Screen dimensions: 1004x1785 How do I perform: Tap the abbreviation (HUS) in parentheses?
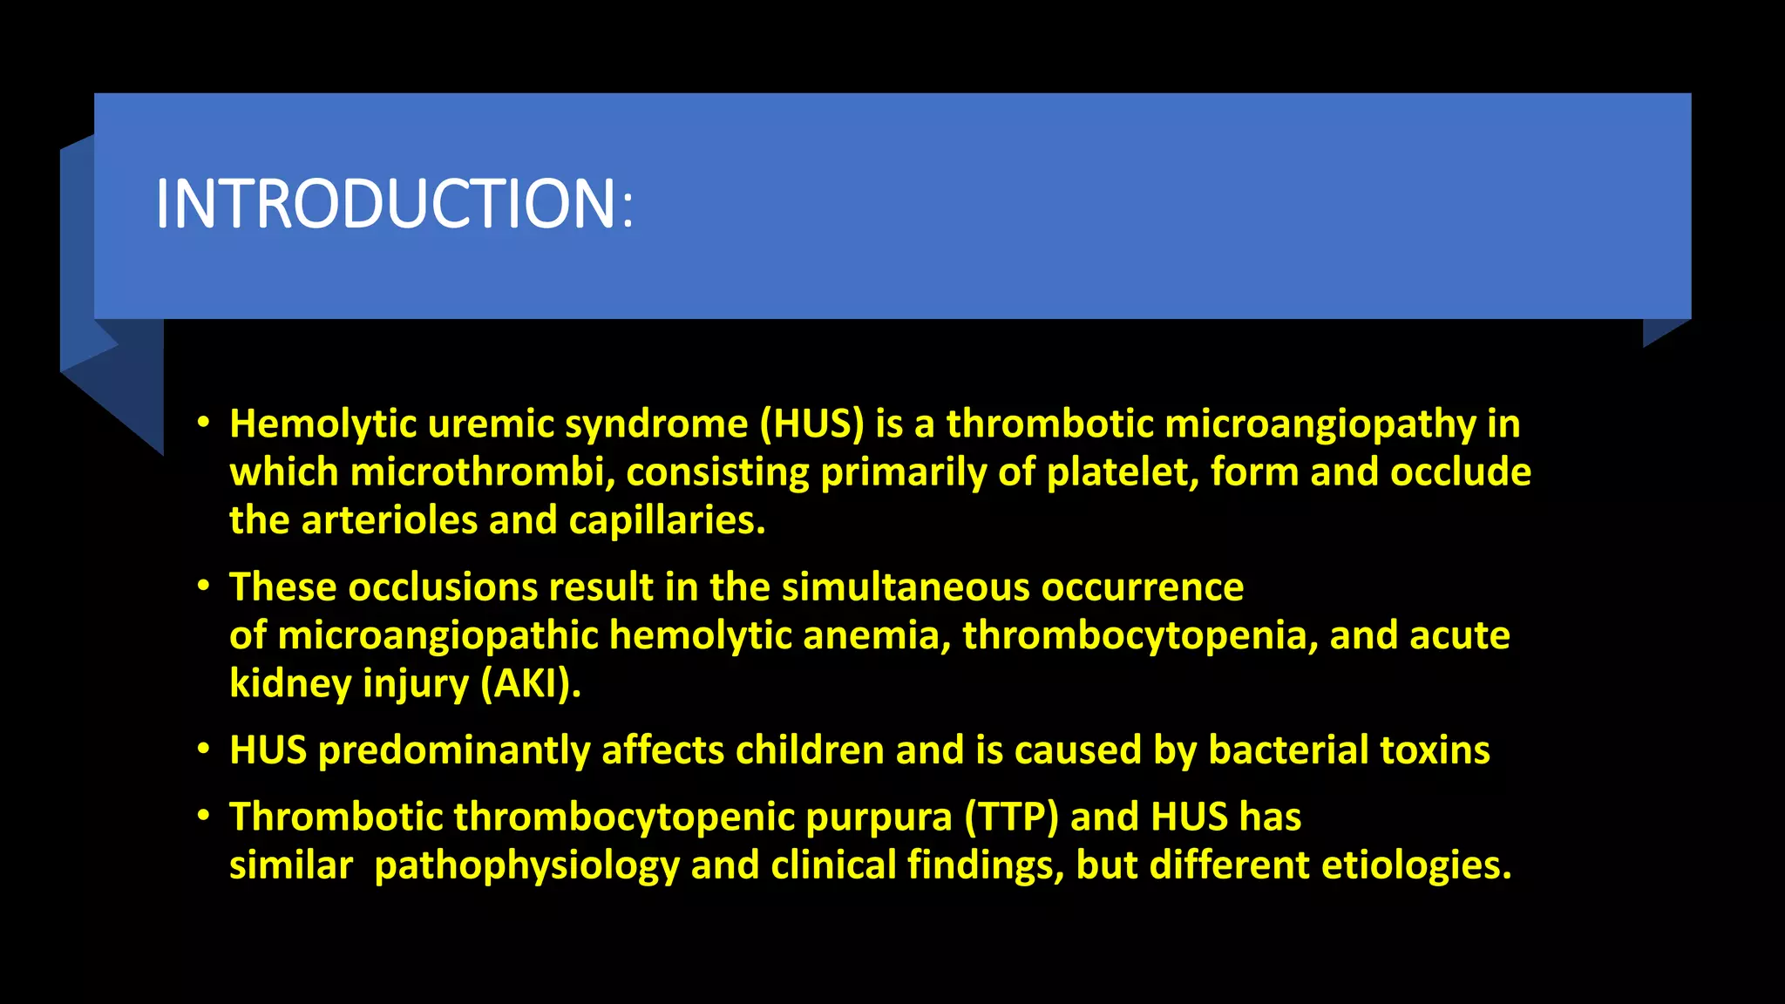click(x=811, y=424)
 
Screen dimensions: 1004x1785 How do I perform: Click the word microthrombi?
click(x=482, y=472)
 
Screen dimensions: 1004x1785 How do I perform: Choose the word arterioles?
click(x=389, y=520)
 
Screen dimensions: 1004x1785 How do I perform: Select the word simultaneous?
click(x=906, y=587)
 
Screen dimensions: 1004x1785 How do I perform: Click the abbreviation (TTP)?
click(x=1011, y=817)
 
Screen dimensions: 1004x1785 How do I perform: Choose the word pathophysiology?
click(x=526, y=865)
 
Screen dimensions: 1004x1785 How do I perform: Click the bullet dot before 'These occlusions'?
click(x=203, y=586)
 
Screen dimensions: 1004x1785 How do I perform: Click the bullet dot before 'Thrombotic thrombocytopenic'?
click(x=203, y=816)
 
